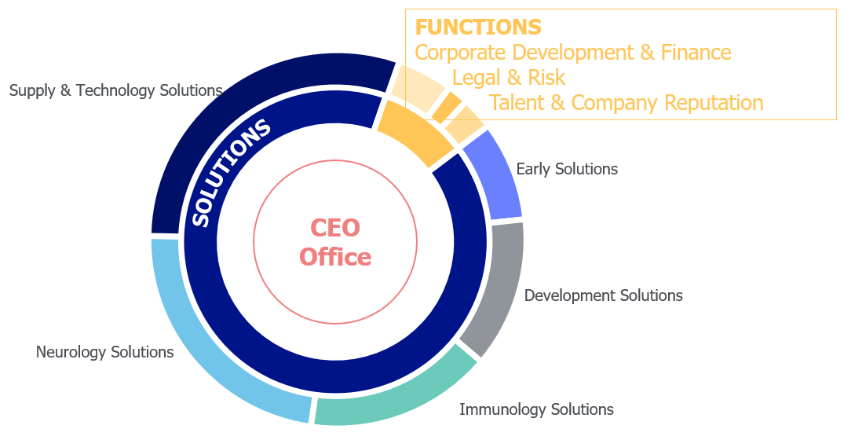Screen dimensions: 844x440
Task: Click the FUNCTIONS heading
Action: pyautogui.click(x=478, y=27)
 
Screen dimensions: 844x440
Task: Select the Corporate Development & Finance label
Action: pyautogui.click(x=572, y=53)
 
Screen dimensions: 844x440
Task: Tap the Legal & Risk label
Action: pyautogui.click(x=509, y=78)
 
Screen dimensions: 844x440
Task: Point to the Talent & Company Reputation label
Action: pyautogui.click(x=626, y=102)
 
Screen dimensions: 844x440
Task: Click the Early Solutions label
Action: pyautogui.click(x=567, y=169)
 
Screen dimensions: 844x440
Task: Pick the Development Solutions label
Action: pyautogui.click(x=604, y=295)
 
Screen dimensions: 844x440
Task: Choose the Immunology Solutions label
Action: pyautogui.click(x=536, y=410)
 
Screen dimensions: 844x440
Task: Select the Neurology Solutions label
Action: pyautogui.click(x=104, y=352)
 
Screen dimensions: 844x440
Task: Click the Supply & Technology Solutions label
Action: pyautogui.click(x=115, y=90)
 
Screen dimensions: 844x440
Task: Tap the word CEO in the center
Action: pyautogui.click(x=335, y=228)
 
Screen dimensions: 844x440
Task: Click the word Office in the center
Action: pyautogui.click(x=335, y=257)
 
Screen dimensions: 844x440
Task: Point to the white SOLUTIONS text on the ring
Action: pyautogui.click(x=230, y=172)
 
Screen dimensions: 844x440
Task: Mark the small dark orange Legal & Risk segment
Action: pyautogui.click(x=448, y=107)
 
